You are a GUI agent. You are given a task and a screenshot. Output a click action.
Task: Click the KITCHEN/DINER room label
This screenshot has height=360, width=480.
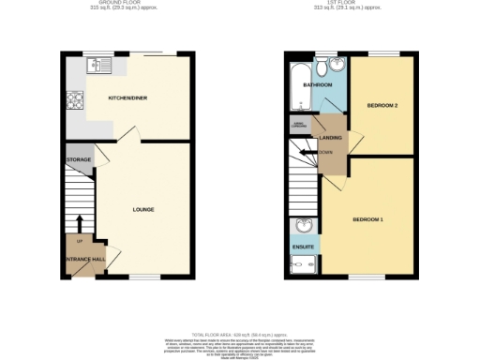127,97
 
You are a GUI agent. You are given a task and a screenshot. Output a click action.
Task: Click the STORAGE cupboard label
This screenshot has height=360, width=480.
79,160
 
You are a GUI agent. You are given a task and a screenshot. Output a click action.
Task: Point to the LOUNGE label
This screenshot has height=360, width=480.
142,209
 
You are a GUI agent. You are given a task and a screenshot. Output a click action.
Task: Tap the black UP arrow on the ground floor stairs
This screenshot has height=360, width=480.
79,223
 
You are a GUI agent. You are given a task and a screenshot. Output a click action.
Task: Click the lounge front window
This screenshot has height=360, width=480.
143,276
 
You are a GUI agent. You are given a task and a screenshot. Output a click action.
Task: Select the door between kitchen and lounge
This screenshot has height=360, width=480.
128,135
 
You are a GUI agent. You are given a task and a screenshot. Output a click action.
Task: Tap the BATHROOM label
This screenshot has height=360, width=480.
317,84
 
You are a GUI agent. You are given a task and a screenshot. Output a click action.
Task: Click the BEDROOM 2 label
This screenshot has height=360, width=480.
383,105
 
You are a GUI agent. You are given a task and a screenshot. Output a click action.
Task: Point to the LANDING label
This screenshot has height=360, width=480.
331,138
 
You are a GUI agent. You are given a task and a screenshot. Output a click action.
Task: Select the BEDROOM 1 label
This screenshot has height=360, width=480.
367,218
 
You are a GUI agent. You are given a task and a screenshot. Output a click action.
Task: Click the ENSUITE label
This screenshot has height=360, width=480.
304,247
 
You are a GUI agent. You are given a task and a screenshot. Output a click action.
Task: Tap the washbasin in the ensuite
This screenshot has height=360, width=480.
303,226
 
